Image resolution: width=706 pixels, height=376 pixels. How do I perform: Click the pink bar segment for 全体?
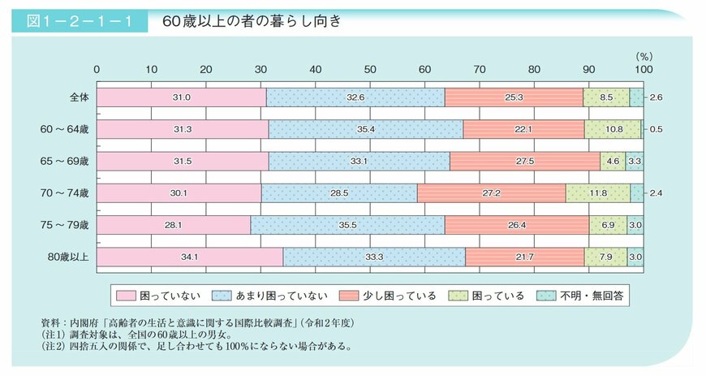[182, 97]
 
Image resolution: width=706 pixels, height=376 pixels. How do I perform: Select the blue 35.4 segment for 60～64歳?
[365, 129]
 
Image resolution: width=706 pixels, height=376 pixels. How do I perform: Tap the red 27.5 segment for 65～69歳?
[524, 161]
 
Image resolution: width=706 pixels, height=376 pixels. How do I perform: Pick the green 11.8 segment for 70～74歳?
[598, 192]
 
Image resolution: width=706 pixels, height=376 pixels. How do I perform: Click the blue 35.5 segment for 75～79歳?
[347, 224]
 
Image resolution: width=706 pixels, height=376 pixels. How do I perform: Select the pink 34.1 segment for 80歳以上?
[190, 257]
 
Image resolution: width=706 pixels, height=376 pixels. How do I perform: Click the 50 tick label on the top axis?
[370, 69]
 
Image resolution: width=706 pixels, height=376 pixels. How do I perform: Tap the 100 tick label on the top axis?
[643, 69]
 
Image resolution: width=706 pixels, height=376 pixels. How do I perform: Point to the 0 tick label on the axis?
[97, 69]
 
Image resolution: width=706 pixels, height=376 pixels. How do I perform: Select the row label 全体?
[79, 97]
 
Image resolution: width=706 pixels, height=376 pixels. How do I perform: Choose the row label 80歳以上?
[71, 257]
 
